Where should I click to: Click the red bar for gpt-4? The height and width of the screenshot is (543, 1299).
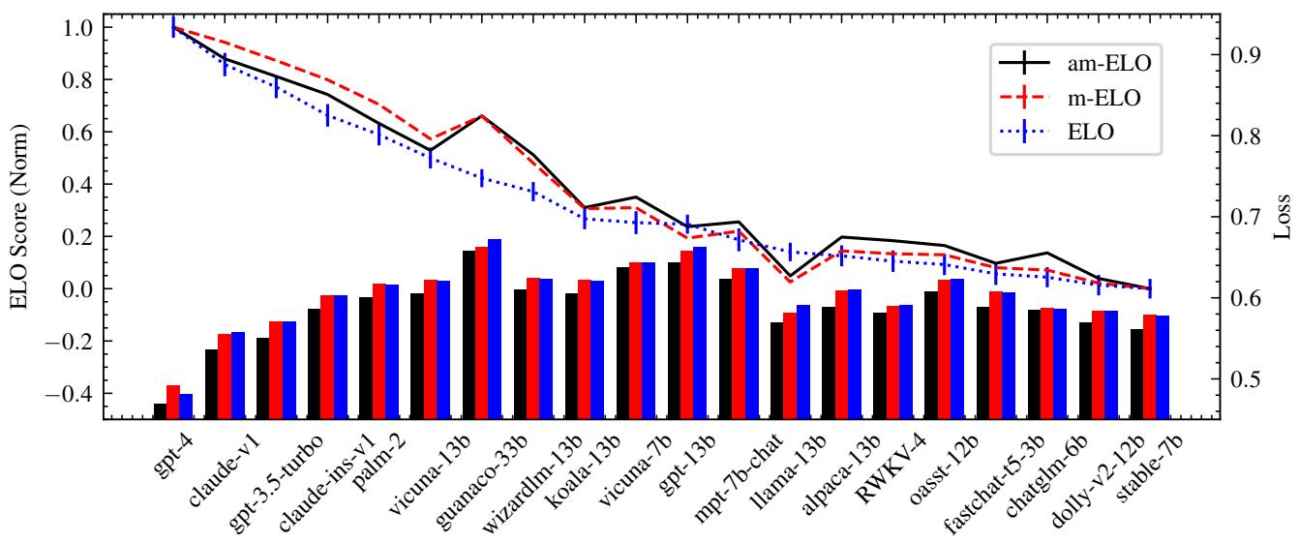[x=173, y=401]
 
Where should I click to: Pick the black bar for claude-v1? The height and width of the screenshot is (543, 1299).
[x=211, y=383]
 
